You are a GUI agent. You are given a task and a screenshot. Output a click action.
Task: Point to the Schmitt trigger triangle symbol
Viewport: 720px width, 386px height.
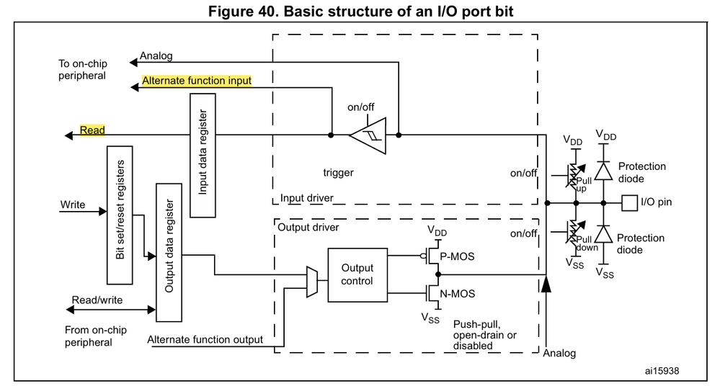[369, 135]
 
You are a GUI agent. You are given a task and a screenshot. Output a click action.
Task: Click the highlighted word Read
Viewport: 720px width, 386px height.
[92, 130]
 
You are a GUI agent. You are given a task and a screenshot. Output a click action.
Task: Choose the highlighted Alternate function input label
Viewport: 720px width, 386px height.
[197, 81]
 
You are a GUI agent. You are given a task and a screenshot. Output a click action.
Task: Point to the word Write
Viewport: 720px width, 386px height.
[72, 205]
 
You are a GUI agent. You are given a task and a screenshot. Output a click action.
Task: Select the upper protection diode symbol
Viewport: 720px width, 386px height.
[603, 169]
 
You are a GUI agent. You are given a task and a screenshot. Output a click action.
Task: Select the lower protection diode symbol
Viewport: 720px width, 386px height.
[603, 235]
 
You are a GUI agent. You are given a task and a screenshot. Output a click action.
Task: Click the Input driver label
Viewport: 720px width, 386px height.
[307, 197]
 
